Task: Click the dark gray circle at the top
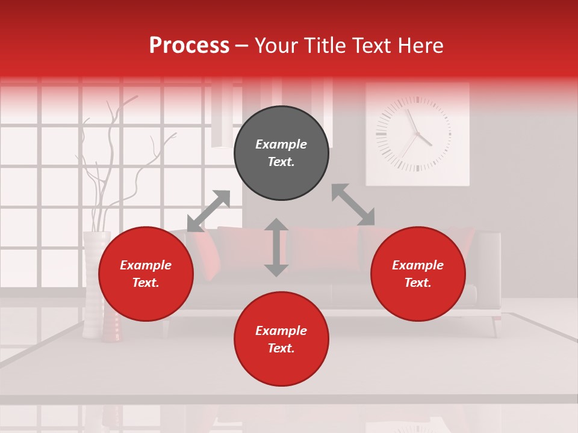coord(281,153)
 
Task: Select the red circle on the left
coord(146,274)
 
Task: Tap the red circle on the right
coord(418,274)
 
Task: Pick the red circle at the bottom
coord(281,339)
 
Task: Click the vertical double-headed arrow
coord(276,247)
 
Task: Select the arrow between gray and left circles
coord(209,211)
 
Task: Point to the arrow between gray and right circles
coord(353,204)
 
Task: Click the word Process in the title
coord(189,46)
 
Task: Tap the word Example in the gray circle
coord(281,144)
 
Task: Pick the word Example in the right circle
coord(418,265)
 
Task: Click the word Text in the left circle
coord(146,283)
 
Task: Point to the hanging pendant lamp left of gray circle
coord(222,117)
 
